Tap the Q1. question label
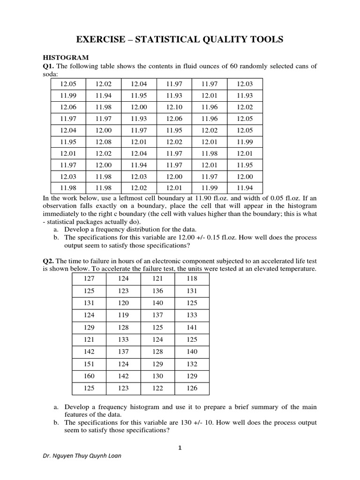[x=49, y=66]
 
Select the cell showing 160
[x=89, y=376]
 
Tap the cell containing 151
[x=89, y=364]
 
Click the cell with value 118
[x=192, y=278]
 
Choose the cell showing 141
[x=192, y=327]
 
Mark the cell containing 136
[x=157, y=291]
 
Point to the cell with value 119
[x=123, y=315]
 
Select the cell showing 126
[x=192, y=388]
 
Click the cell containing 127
[x=89, y=278]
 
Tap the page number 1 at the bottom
[x=180, y=448]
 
